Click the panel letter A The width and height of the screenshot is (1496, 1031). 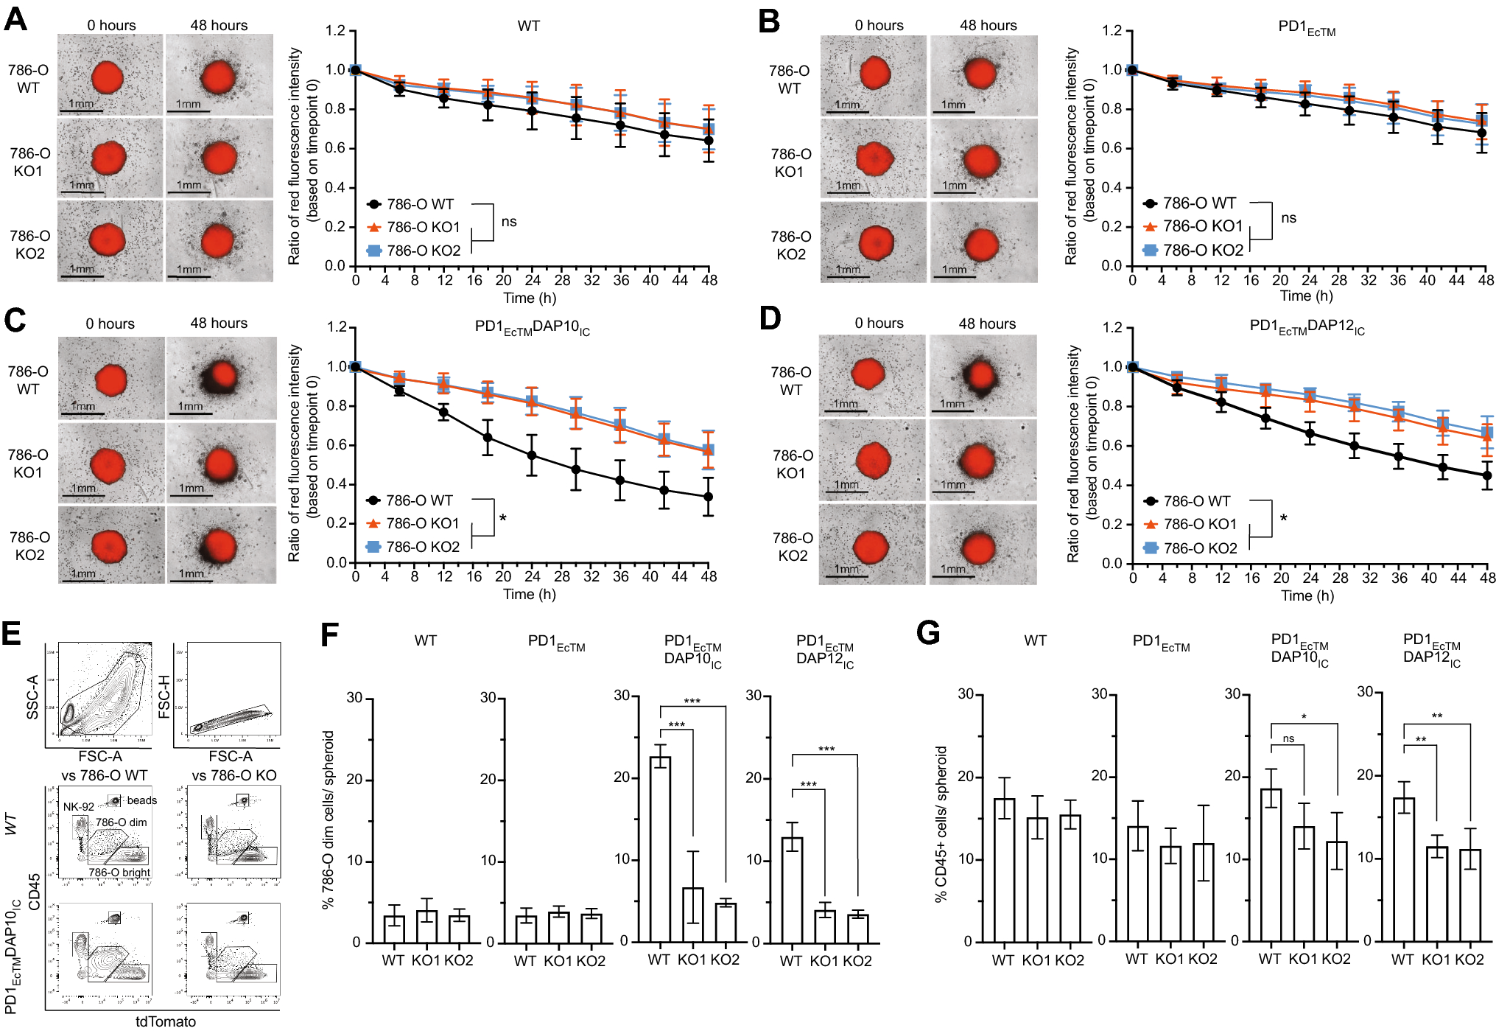tap(15, 19)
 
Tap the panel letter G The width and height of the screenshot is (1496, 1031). tap(928, 632)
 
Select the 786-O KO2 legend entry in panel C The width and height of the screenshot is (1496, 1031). tap(422, 547)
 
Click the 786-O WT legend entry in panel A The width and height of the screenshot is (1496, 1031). tap(420, 204)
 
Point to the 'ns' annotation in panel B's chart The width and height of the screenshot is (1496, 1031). tap(1288, 217)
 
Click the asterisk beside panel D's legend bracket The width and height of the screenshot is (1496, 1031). tap(1284, 519)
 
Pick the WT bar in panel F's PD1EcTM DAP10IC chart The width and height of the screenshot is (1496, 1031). tap(659, 848)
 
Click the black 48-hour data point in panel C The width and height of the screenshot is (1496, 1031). tap(709, 497)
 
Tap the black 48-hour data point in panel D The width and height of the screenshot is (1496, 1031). tap(1487, 475)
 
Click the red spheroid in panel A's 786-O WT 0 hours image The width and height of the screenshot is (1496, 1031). tap(108, 77)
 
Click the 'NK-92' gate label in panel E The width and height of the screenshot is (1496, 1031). tap(79, 806)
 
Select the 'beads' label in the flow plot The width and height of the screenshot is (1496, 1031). tap(141, 800)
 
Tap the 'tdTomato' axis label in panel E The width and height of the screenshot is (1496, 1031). tap(166, 1021)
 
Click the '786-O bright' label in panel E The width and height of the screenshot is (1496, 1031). tap(119, 873)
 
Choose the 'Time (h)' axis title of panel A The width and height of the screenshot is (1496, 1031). tap(530, 298)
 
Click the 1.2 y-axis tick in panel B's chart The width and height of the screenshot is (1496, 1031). tap(1112, 31)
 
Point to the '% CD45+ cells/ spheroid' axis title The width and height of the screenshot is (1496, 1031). tap(941, 824)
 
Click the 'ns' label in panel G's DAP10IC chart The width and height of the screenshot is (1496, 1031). tap(1288, 738)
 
